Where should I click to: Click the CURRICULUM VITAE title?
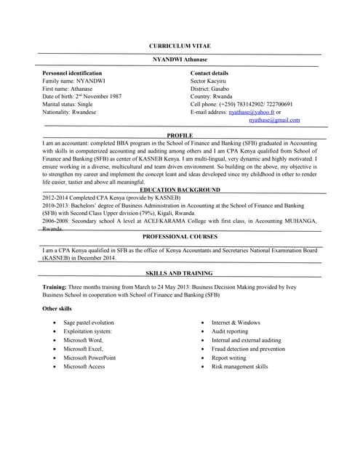180,46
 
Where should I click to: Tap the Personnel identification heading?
72,73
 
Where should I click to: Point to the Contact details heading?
209,73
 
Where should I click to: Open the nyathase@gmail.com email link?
274,120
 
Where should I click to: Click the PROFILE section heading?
180,136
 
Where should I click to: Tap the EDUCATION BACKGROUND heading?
180,189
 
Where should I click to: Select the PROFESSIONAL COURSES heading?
180,237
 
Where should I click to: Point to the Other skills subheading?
57,310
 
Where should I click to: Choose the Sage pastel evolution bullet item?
89,322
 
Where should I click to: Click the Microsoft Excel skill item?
83,349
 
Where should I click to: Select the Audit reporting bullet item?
230,331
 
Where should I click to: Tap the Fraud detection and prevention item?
248,349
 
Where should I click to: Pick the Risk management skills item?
239,366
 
